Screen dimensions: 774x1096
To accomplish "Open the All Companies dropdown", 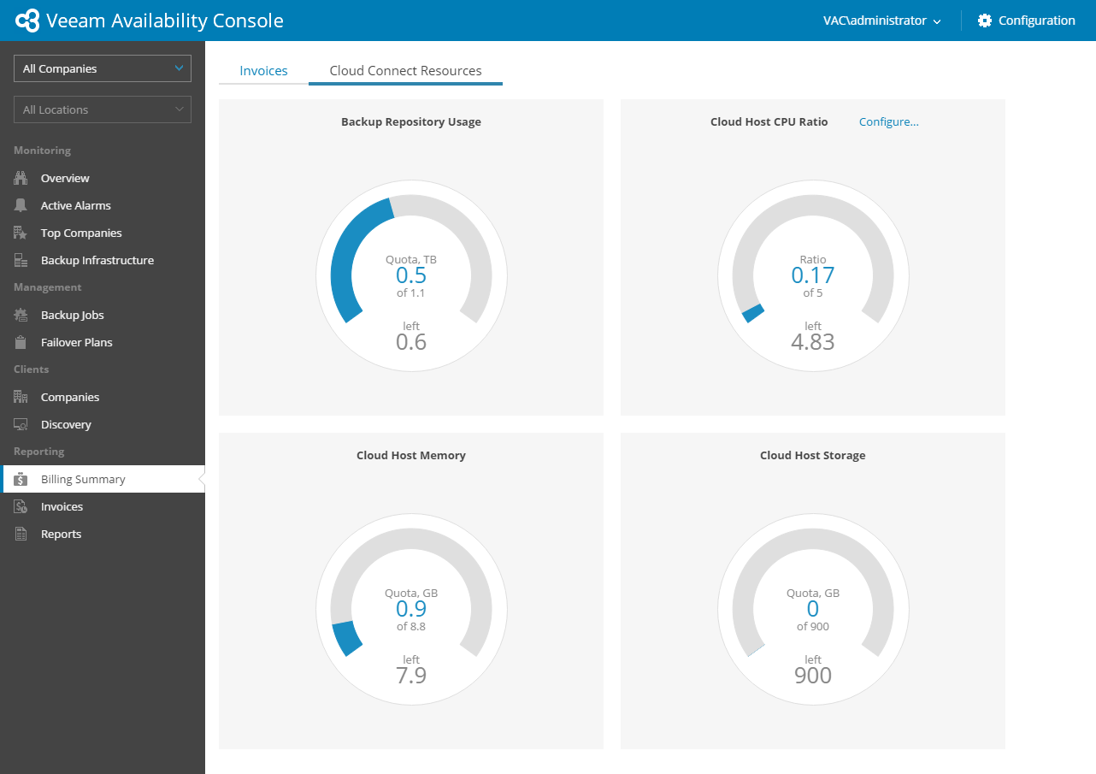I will point(103,68).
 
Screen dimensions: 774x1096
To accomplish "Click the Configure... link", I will point(888,121).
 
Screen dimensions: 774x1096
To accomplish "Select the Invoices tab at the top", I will point(263,71).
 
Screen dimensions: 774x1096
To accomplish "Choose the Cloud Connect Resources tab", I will point(405,71).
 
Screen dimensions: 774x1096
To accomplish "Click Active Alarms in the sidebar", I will point(75,205).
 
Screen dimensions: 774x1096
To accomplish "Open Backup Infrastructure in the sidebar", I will point(97,260).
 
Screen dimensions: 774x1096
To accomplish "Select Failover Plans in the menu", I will point(76,342).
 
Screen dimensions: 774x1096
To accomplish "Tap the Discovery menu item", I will point(66,424).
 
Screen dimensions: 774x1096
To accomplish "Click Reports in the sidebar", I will point(61,534).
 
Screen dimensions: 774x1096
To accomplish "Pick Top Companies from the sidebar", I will point(81,233).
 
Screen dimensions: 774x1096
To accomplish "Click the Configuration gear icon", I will point(985,21).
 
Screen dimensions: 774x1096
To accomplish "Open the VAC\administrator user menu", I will point(881,21).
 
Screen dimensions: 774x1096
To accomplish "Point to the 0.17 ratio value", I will point(812,275).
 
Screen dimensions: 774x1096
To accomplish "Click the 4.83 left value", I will point(812,342).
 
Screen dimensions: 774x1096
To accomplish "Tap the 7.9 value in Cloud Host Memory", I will point(411,676).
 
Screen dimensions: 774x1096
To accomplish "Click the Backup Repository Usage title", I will point(411,121).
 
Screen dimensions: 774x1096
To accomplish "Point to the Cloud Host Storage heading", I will point(812,455).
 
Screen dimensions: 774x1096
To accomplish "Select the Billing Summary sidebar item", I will point(83,479).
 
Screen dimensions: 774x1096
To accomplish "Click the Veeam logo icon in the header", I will point(27,21).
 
